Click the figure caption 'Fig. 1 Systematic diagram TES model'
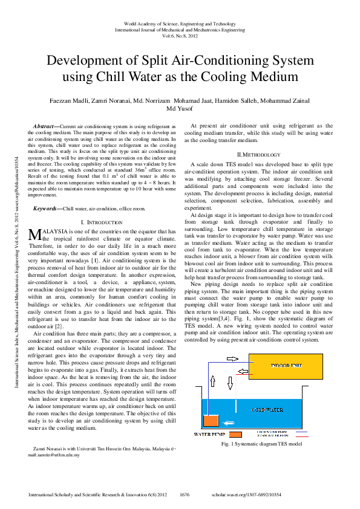coord(261,444)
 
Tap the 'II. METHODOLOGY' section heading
coord(261,155)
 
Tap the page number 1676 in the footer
coord(185,494)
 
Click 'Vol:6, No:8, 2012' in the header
coord(180,36)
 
